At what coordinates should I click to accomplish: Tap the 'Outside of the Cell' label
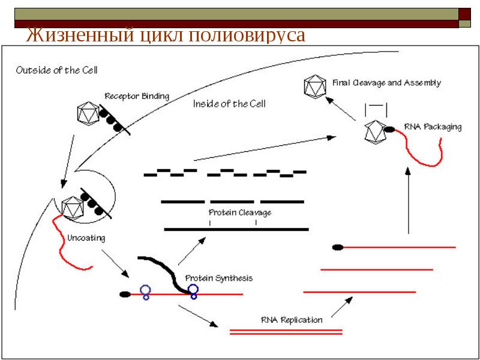point(56,70)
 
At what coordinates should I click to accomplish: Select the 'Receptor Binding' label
point(137,96)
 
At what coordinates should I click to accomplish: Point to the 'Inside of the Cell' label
point(229,104)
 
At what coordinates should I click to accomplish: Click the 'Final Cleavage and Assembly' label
point(386,83)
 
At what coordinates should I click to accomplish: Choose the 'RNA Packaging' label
point(433,127)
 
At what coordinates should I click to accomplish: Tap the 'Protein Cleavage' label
point(239,212)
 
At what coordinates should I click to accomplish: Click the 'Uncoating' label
point(86,238)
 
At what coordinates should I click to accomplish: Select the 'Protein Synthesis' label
point(219,278)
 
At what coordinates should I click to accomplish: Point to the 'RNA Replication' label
point(292,320)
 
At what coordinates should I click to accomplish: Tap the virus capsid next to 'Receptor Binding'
point(88,113)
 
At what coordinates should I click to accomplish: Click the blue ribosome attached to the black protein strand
point(193,292)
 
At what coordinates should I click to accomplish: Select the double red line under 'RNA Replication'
point(286,332)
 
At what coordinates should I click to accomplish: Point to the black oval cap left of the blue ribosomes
point(125,295)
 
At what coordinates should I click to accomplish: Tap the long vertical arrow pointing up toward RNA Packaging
point(408,200)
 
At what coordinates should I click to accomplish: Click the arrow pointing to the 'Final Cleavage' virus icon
point(340,109)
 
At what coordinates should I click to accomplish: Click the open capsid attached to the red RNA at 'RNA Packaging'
point(376,131)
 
